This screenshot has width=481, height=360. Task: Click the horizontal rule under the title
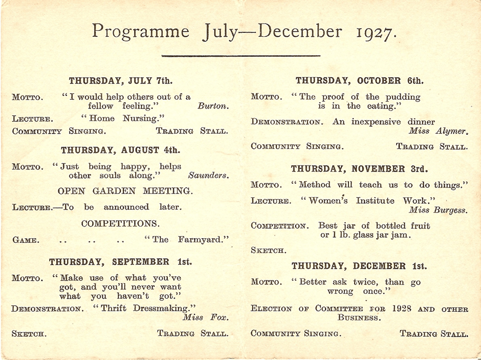coord(240,55)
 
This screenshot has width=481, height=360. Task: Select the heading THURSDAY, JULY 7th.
coord(121,80)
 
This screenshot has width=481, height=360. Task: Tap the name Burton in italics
coord(213,107)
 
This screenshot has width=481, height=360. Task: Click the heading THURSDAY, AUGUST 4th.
coord(120,151)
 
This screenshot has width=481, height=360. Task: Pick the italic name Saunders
coord(208,175)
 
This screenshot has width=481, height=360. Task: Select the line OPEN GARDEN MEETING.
coord(125,191)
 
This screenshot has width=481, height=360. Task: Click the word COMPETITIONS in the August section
coord(120,224)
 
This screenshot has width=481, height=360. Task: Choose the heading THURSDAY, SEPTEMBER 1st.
coord(121,262)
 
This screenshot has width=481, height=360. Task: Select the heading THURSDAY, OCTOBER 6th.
coord(360,80)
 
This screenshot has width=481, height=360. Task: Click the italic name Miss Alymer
coord(438,131)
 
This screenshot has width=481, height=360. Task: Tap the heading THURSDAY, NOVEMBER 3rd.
coord(360,168)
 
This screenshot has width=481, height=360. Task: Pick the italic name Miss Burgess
coord(438,210)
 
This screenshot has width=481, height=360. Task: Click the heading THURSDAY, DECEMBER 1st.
coord(359,266)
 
